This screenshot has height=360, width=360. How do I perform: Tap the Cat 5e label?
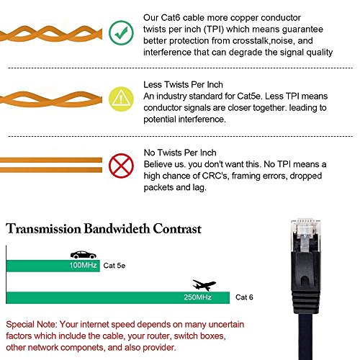112,266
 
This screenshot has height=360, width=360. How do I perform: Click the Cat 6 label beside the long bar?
246,297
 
